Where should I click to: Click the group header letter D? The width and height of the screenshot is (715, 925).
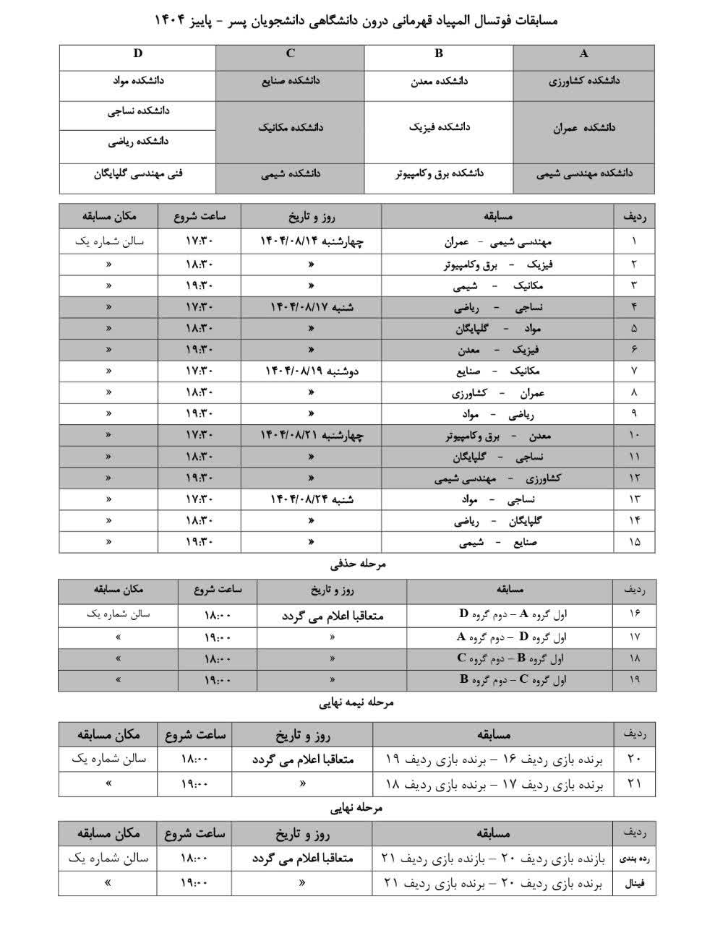pos(137,54)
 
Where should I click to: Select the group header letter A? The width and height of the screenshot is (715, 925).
pos(584,54)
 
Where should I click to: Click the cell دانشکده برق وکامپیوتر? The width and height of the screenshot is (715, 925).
pos(440,174)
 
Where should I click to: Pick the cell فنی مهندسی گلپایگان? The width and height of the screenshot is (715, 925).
pos(138,174)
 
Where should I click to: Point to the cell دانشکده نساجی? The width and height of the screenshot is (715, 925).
pos(138,112)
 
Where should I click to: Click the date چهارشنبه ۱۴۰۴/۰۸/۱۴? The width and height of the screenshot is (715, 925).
pos(311,241)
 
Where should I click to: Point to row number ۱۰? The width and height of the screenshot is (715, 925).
pos(634,435)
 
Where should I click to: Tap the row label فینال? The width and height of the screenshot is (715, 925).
pos(634,884)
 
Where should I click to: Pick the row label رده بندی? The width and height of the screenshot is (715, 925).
pos(634,859)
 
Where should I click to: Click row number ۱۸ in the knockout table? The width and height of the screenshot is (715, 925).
pos(635,658)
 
